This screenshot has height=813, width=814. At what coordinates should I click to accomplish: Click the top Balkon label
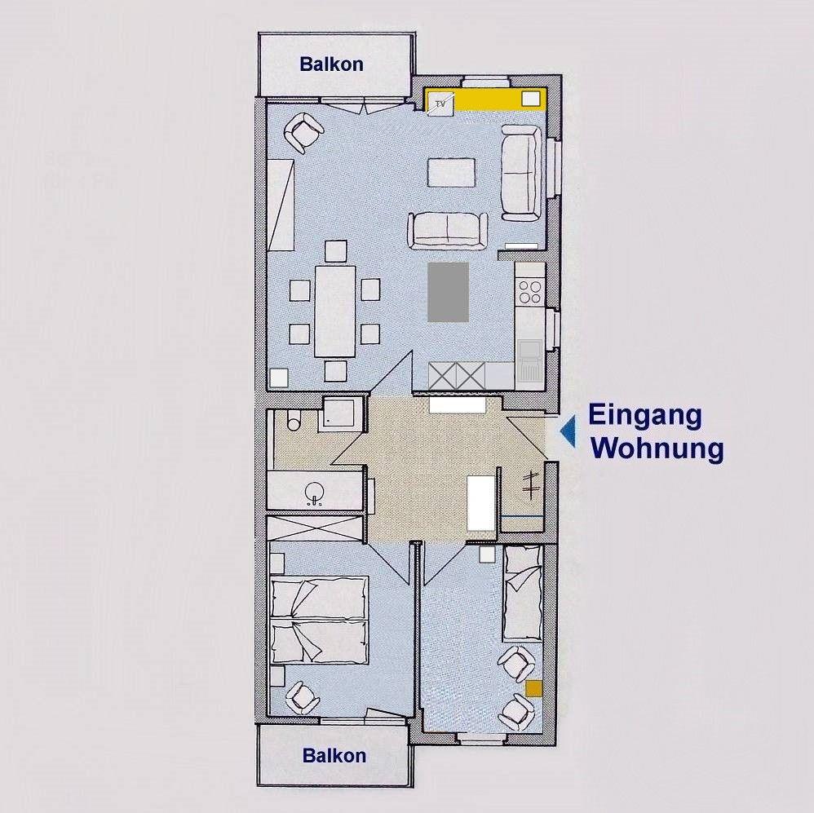tap(331, 64)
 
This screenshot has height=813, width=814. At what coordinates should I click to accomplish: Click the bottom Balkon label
tap(334, 755)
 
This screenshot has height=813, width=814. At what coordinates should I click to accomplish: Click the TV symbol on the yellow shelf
tap(440, 104)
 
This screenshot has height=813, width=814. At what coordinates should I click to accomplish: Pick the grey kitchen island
tap(448, 292)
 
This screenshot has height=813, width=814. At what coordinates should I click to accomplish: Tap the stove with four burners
tap(530, 291)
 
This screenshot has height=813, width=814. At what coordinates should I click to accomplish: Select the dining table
tap(335, 311)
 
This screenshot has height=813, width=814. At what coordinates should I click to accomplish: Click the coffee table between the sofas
tap(451, 172)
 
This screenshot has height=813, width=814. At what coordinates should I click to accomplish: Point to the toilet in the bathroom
tap(294, 419)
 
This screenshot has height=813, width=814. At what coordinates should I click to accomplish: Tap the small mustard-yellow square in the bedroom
tap(533, 689)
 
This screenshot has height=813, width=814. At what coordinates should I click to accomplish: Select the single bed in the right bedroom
tap(523, 594)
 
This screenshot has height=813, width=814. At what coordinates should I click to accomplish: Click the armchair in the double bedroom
tap(302, 697)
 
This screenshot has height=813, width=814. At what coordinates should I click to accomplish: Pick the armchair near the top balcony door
tap(303, 132)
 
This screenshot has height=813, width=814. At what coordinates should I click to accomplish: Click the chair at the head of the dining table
tap(336, 251)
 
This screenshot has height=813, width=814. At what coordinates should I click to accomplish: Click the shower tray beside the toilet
tap(338, 413)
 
